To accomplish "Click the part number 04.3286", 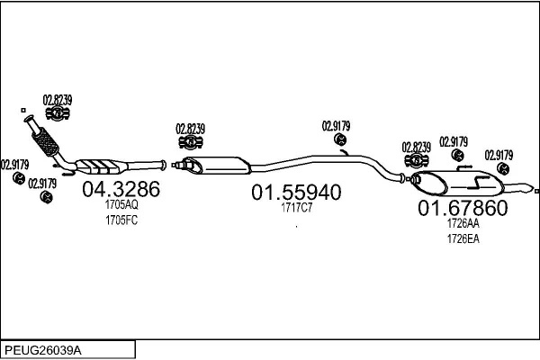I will (121, 190).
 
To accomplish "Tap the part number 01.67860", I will (463, 209).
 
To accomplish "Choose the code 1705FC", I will (121, 220).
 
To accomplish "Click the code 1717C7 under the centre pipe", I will (296, 208).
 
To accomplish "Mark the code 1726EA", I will (463, 238).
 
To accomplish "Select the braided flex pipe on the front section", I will (44, 140).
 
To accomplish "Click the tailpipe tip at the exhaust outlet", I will (535, 190).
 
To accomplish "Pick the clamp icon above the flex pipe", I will (58, 113).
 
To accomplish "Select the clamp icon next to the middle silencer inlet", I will (190, 144).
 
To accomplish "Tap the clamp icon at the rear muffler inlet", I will (417, 160).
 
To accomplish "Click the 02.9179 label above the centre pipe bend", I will (337, 126).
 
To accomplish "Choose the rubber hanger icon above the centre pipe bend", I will (341, 140).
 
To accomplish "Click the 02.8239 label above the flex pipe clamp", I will (58, 99).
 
